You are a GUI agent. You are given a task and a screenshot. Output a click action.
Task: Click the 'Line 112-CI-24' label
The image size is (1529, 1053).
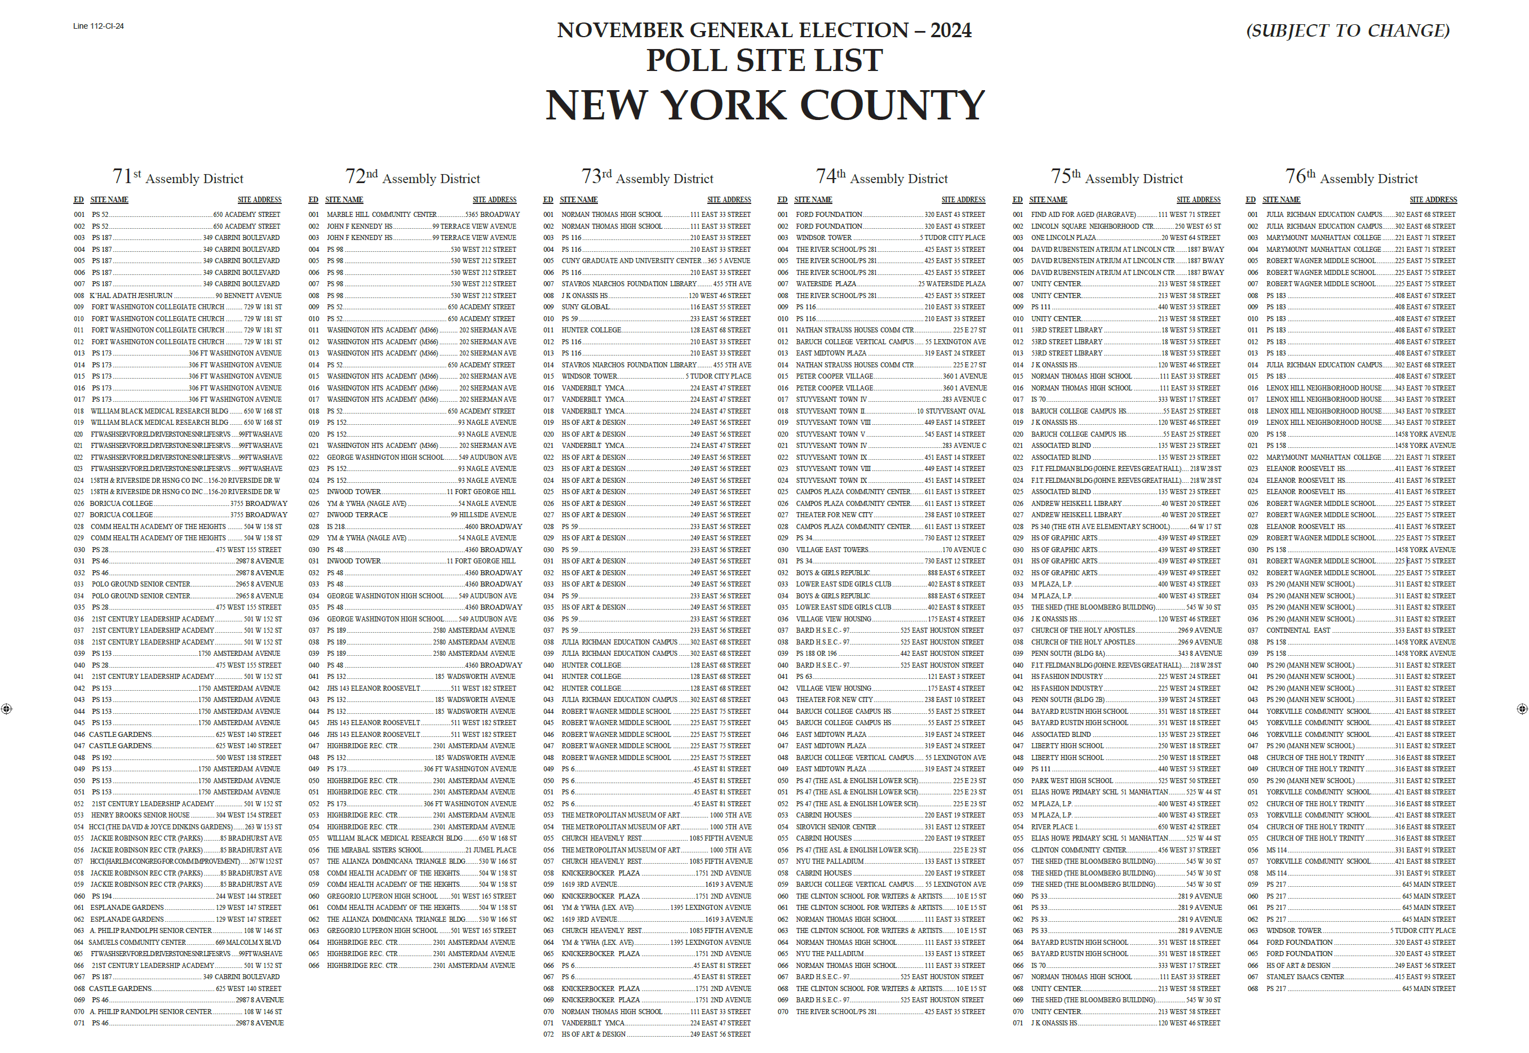98,26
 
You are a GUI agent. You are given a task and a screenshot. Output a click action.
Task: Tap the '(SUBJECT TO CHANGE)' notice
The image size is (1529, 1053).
1347,31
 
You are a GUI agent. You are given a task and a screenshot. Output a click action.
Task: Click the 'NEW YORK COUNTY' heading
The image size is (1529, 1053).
764,105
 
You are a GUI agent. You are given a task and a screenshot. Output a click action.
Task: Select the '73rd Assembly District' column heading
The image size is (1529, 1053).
646,177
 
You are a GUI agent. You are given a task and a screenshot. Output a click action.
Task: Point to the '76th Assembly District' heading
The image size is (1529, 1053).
1351,177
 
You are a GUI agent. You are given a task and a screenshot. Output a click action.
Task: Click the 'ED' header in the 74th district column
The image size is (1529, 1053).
782,200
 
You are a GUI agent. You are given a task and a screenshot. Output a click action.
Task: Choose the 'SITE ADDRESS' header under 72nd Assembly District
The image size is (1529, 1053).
494,200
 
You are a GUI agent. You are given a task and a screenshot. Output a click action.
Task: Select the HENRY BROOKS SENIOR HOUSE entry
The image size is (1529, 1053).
140,815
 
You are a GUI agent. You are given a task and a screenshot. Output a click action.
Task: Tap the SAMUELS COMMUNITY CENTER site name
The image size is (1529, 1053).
138,943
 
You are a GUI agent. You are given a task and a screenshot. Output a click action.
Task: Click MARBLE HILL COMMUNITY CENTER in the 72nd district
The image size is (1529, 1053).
382,215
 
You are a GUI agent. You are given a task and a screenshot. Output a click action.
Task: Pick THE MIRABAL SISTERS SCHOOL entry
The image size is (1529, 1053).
374,850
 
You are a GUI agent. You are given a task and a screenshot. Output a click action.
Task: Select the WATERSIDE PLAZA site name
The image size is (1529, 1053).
826,284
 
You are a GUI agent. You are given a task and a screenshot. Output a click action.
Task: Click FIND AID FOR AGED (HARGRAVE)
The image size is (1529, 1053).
1083,215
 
